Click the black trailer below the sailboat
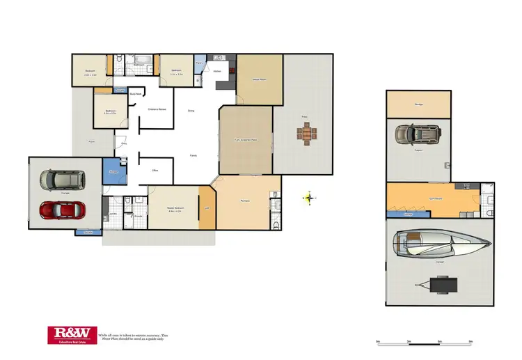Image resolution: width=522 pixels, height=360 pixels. coord(438,284)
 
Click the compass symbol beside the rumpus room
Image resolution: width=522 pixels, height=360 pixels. coord(309,198)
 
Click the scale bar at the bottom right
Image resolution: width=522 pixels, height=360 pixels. coord(425,341)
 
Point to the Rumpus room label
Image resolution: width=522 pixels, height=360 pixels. coord(246,201)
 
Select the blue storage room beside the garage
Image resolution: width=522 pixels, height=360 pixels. coord(111,171)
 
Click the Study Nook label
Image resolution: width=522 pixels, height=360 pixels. coord(139,94)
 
